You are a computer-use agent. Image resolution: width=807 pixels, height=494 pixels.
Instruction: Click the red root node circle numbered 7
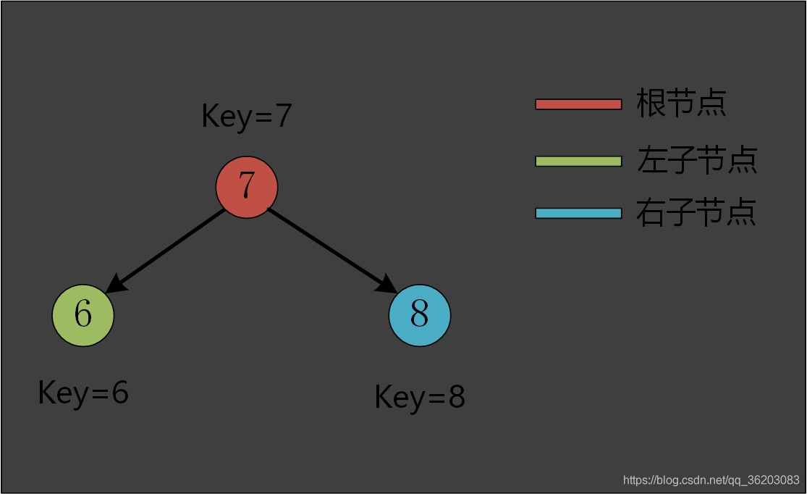click(x=247, y=187)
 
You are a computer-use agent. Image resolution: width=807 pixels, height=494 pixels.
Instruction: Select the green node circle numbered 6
click(x=83, y=315)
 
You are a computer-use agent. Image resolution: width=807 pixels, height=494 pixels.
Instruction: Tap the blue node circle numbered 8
click(x=420, y=315)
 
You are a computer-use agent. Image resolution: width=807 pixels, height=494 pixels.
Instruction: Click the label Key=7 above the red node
click(x=246, y=116)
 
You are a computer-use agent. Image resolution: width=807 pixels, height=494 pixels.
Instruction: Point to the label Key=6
click(x=83, y=393)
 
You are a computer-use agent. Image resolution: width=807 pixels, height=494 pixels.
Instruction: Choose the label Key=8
click(x=420, y=397)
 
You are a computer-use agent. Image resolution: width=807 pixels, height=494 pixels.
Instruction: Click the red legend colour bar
click(x=578, y=104)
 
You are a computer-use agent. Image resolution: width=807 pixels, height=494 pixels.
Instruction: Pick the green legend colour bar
click(x=578, y=161)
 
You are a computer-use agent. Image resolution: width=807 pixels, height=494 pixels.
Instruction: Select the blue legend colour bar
click(x=578, y=213)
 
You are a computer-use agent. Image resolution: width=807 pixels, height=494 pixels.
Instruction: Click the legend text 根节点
click(x=681, y=103)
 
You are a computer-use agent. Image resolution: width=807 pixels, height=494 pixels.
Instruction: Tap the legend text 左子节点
click(x=696, y=159)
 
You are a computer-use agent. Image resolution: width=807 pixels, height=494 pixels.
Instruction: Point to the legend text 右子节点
click(x=696, y=212)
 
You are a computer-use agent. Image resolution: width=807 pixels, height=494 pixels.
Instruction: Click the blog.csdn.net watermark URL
click(x=711, y=480)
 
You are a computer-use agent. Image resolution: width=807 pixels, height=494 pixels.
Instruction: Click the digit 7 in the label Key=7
click(x=283, y=116)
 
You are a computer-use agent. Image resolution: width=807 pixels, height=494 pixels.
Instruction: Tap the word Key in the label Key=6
click(x=64, y=393)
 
